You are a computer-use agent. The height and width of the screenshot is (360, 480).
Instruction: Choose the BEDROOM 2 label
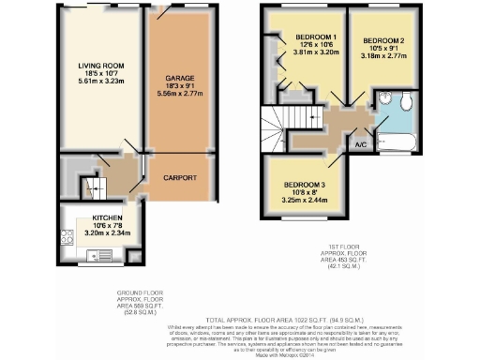[382, 41]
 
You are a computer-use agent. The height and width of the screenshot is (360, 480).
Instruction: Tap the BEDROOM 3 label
[304, 186]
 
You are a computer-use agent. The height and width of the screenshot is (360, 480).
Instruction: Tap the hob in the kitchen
[67, 238]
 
